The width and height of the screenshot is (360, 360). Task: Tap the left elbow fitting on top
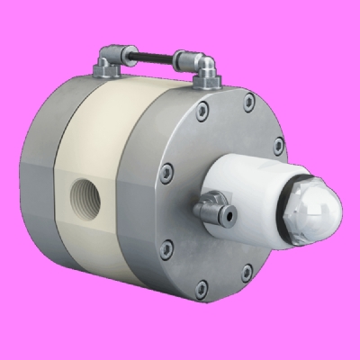click(108, 63)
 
